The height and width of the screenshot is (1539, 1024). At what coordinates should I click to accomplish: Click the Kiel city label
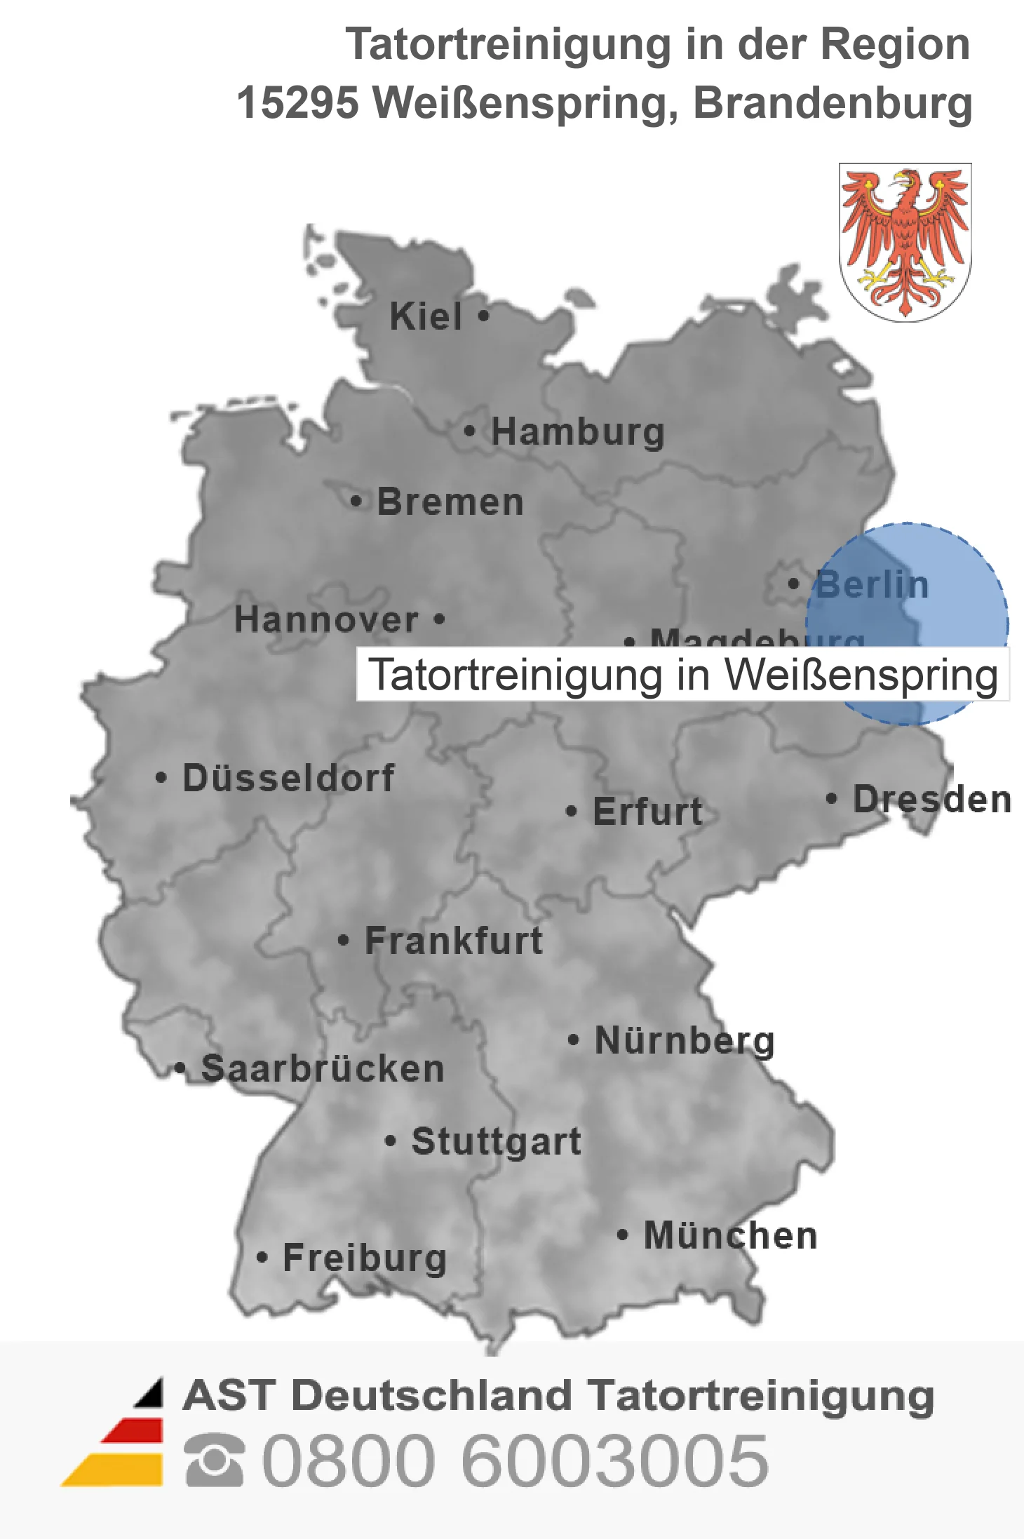pyautogui.click(x=426, y=316)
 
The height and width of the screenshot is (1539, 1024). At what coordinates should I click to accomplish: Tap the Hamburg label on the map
pyautogui.click(x=578, y=431)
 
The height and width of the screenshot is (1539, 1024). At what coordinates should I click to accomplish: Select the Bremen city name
pyautogui.click(x=450, y=502)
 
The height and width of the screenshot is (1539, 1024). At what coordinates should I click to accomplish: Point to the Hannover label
pyautogui.click(x=326, y=619)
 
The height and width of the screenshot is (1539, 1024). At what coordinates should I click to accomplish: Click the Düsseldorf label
pyautogui.click(x=288, y=778)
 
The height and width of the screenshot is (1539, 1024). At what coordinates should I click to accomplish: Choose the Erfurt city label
pyautogui.click(x=647, y=812)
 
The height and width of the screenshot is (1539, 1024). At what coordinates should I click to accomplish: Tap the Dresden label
pyautogui.click(x=931, y=799)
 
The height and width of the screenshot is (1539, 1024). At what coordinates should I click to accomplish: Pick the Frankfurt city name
pyautogui.click(x=454, y=941)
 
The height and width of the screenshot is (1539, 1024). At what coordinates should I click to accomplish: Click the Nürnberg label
pyautogui.click(x=685, y=1040)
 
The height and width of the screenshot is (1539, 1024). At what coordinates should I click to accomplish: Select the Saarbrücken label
pyautogui.click(x=323, y=1069)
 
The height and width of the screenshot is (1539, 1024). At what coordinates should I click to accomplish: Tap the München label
pyautogui.click(x=731, y=1235)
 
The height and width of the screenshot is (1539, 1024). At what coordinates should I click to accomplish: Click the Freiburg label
pyautogui.click(x=365, y=1258)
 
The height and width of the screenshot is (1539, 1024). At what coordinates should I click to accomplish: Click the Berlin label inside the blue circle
pyautogui.click(x=873, y=584)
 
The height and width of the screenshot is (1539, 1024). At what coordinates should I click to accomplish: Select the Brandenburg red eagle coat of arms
pyautogui.click(x=905, y=242)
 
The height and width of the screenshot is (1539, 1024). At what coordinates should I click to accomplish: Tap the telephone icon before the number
pyautogui.click(x=215, y=1461)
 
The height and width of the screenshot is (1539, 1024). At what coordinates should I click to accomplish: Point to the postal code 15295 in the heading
pyautogui.click(x=297, y=103)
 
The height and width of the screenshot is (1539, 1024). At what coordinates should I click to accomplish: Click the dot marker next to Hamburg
pyautogui.click(x=470, y=431)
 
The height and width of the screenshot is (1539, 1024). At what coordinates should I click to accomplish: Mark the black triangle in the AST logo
pyautogui.click(x=151, y=1393)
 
